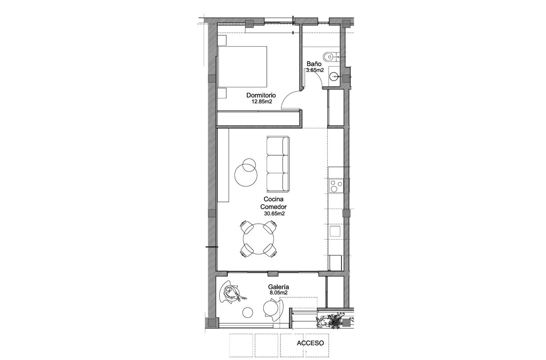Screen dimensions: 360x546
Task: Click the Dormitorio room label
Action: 261,95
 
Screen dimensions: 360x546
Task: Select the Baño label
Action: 314,64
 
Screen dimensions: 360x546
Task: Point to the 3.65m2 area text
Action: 314,70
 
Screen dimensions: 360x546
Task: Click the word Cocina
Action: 274,199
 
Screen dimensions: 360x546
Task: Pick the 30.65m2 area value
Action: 274,213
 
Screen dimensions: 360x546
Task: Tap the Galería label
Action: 278,286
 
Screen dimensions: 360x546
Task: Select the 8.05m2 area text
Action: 278,292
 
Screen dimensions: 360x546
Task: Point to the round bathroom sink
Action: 334,77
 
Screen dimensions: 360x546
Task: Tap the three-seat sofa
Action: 278,164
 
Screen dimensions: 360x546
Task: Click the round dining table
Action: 256,243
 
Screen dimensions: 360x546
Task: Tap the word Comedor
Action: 274,207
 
